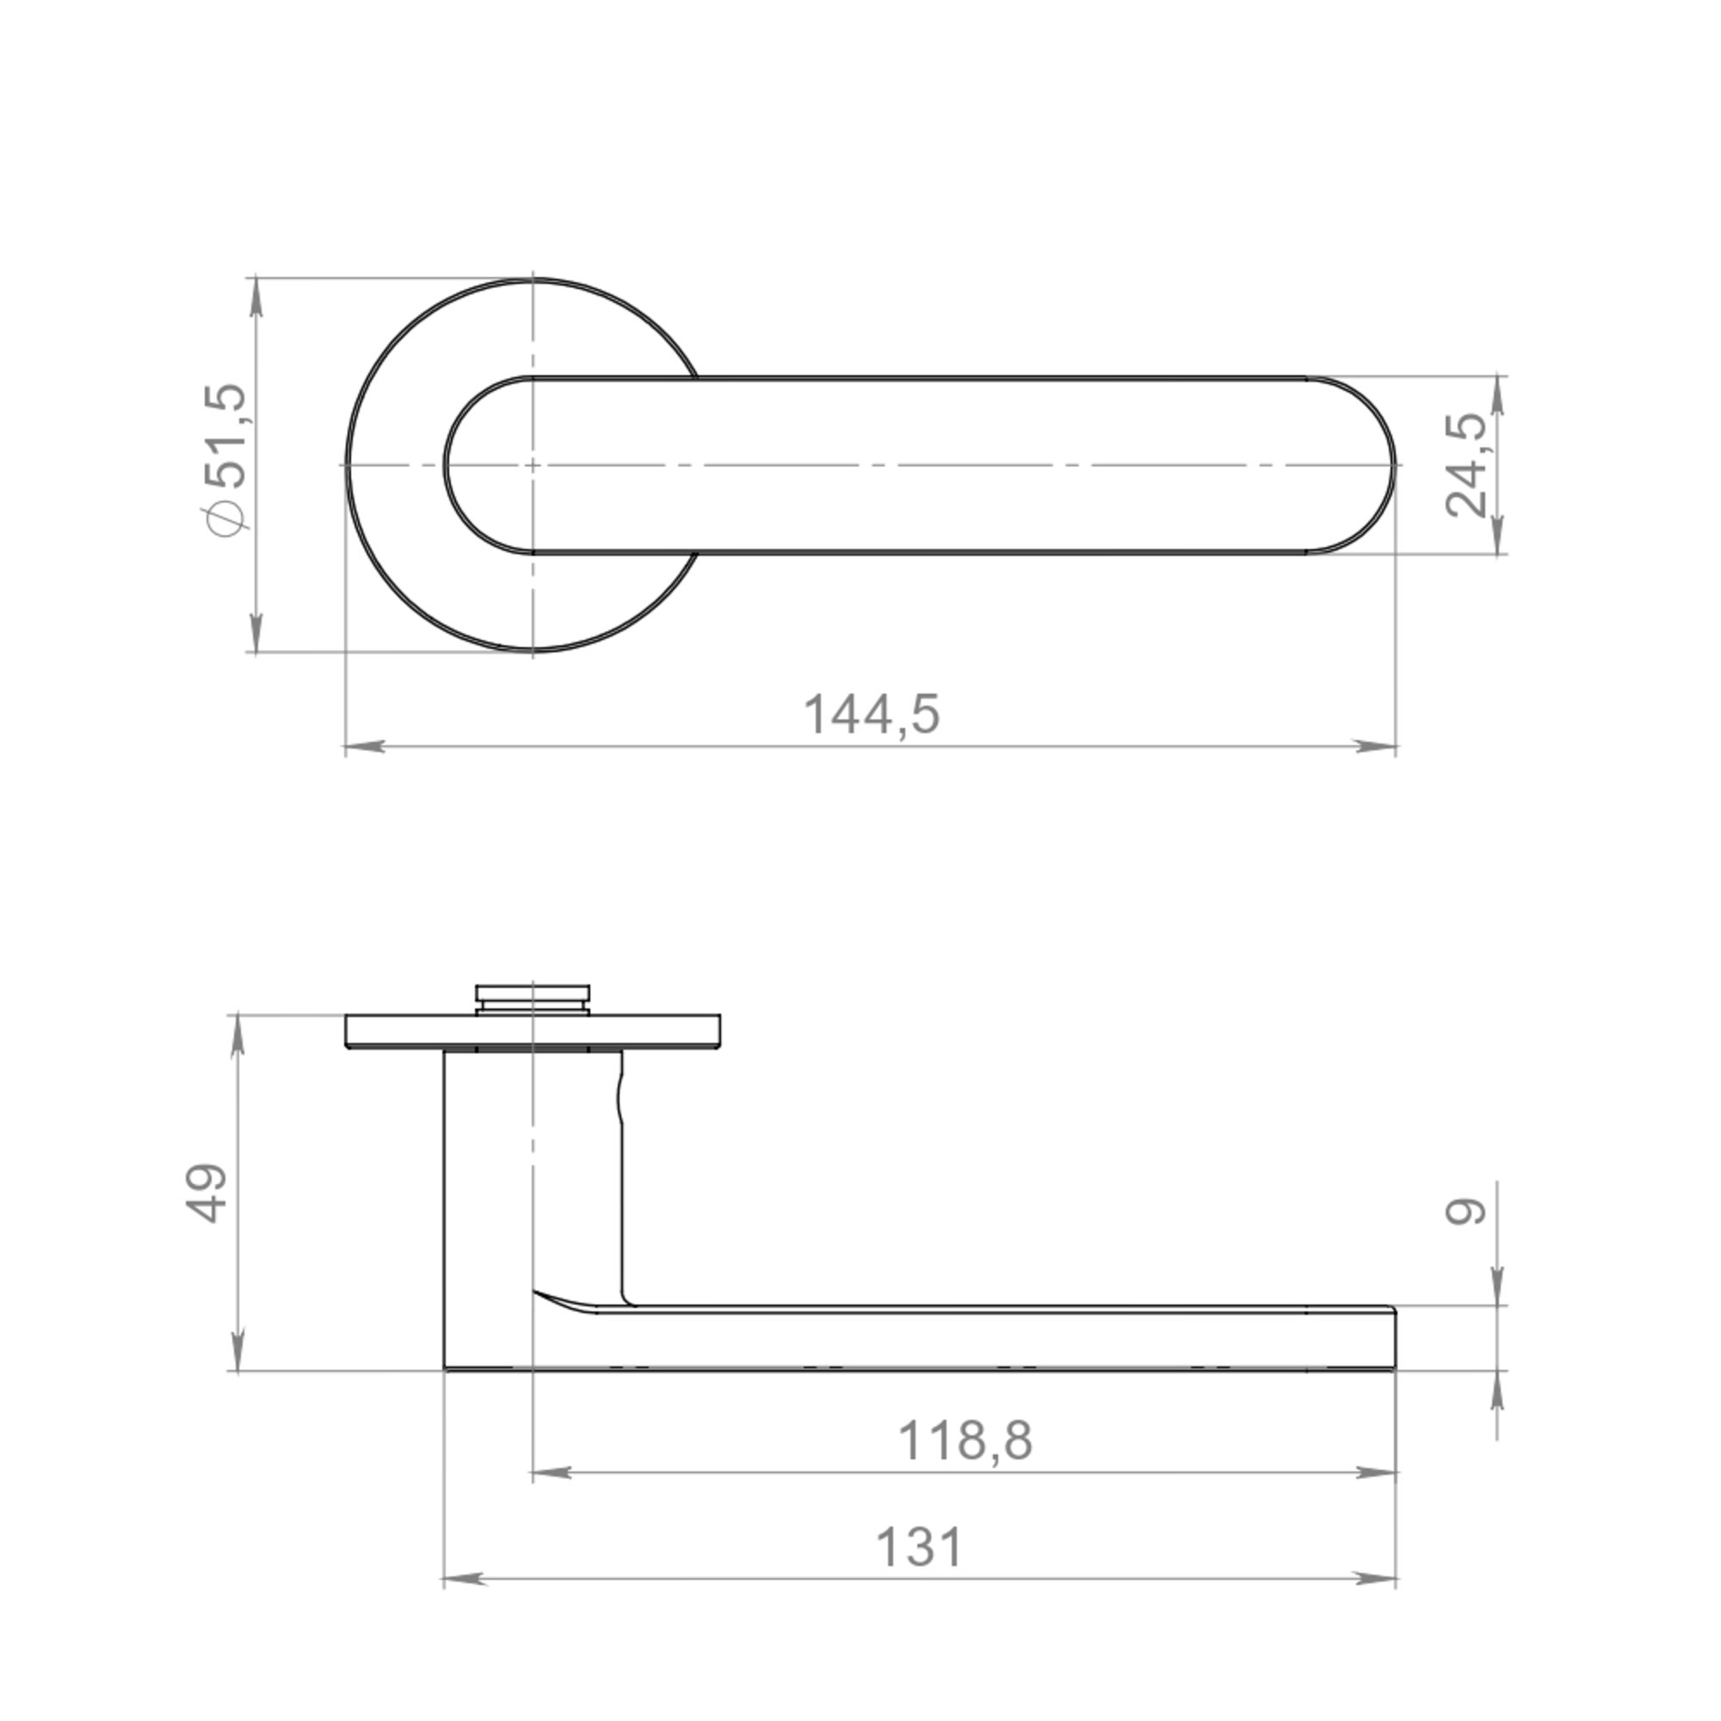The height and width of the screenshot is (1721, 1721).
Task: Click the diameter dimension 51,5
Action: coord(224,460)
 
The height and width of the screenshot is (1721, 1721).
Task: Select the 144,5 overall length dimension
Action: coord(872,714)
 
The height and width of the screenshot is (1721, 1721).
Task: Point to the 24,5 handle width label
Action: coord(1465,465)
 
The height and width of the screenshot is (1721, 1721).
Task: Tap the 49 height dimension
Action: coord(207,1193)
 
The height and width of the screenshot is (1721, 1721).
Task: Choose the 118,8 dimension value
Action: coord(965,1440)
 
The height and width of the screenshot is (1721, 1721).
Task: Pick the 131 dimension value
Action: coord(920,1547)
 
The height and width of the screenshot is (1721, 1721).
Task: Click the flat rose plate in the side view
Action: coord(533,1031)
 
